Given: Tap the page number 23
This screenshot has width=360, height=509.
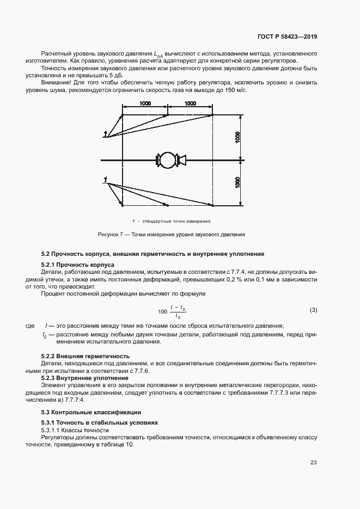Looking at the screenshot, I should [x=314, y=463].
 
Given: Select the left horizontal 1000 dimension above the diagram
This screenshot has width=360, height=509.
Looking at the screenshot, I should [x=145, y=103].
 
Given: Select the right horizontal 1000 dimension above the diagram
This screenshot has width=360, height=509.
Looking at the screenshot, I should [x=190, y=103].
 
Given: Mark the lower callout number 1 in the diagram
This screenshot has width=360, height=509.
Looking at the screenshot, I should [x=104, y=179].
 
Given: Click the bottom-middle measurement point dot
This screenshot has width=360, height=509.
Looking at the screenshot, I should [x=168, y=206].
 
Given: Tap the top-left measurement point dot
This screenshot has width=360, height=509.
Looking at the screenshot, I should [x=123, y=115].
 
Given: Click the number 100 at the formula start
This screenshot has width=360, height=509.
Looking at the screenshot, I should [x=163, y=311].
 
